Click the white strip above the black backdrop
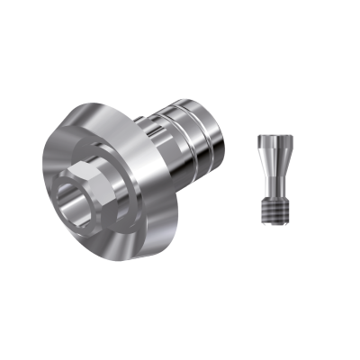[180, 31]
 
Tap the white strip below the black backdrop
[180, 328]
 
